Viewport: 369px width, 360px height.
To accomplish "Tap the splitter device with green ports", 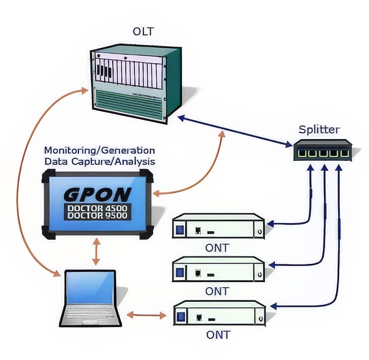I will tap(322, 151).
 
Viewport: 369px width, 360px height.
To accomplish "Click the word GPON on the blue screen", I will tap(98, 194).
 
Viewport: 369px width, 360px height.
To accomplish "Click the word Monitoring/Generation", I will tap(100, 151).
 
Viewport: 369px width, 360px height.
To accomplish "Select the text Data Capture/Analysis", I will tap(100, 161).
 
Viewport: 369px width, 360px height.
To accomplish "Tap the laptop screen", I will tap(91, 288).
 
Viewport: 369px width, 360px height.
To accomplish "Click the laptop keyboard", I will tap(91, 316).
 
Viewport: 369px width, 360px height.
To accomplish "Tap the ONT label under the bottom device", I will tap(218, 335).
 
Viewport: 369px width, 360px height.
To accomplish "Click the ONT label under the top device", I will tap(218, 248).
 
